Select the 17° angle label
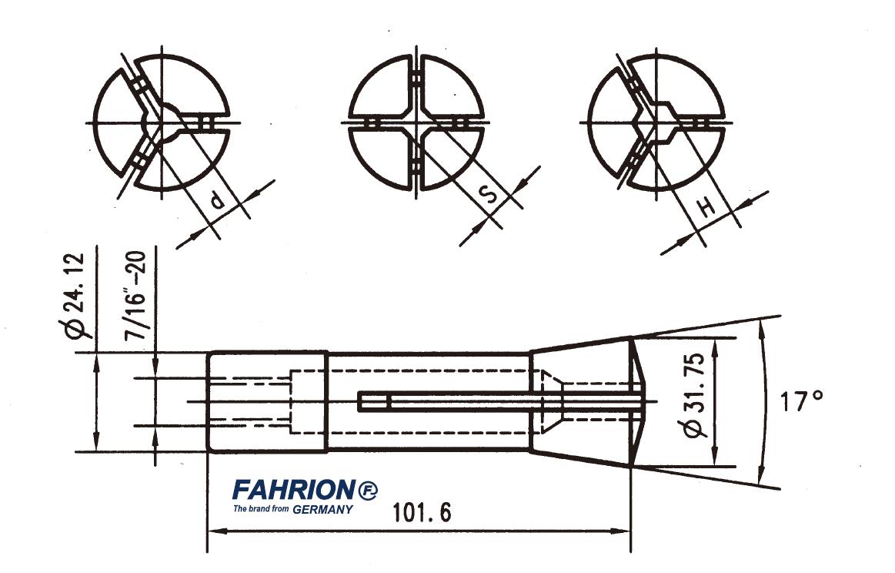pyautogui.click(x=803, y=400)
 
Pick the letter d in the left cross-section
pyautogui.click(x=218, y=203)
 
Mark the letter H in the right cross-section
pyautogui.click(x=707, y=206)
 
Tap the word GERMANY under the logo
pyautogui.click(x=323, y=509)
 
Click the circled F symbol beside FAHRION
pyautogui.click(x=367, y=490)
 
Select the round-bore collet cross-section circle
pyautogui.click(x=162, y=122)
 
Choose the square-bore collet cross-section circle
pyautogui.click(x=416, y=122)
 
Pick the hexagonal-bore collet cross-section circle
pyautogui.click(x=656, y=122)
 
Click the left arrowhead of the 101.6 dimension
pyautogui.click(x=215, y=531)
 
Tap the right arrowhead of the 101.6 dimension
pyautogui.click(x=624, y=531)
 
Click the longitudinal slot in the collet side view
pyautogui.click(x=462, y=401)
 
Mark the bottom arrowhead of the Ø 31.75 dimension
pyautogui.click(x=716, y=461)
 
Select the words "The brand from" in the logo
pyautogui.click(x=262, y=509)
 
